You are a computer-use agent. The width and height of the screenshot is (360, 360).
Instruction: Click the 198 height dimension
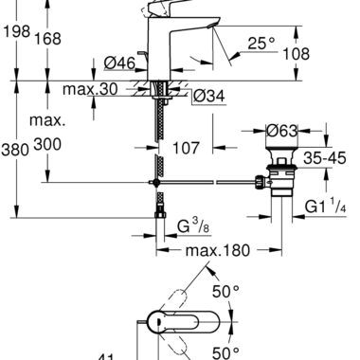(16, 31)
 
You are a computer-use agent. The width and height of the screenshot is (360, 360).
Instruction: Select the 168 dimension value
(47, 39)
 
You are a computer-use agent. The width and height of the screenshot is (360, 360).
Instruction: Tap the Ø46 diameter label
(119, 63)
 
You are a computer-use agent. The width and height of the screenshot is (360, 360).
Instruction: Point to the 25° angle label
(261, 43)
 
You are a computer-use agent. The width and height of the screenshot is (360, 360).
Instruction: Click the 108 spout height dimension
(296, 54)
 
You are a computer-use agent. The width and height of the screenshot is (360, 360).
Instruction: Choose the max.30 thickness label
(90, 89)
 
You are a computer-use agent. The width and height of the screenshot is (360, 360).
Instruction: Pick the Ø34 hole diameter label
(208, 96)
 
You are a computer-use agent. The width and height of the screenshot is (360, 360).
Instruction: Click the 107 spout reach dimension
(186, 148)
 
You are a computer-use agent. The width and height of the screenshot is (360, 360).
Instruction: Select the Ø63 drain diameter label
(282, 131)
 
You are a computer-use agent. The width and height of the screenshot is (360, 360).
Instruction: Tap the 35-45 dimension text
(325, 157)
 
